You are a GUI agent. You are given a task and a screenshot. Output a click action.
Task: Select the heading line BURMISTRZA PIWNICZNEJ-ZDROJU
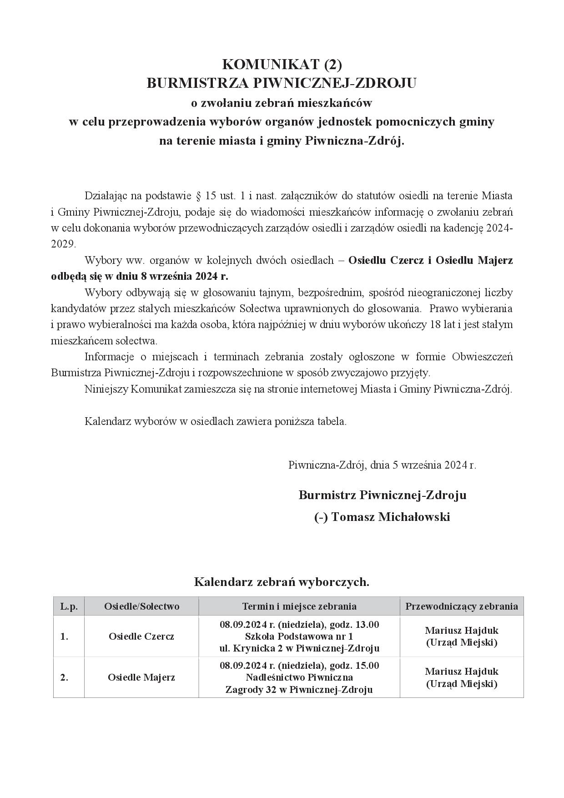pos(282,84)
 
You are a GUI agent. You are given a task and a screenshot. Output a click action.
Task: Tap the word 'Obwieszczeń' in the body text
pos(482,357)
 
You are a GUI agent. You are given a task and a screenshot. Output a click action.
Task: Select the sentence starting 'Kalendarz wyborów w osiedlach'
pos(216,421)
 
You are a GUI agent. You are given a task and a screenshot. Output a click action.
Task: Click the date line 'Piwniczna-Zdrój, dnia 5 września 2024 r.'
pos(382,465)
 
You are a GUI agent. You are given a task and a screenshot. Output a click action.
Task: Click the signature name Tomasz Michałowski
pos(390,517)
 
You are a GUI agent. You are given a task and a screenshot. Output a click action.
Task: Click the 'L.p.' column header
pos(69,606)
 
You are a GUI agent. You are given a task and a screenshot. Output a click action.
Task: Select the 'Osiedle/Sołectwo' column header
pos(141,606)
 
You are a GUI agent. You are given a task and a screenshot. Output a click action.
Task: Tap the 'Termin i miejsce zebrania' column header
pos(299,606)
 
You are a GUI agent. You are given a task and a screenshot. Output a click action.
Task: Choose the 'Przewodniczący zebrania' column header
pos(462,606)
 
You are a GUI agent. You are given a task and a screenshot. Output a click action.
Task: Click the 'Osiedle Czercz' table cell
pos(141,636)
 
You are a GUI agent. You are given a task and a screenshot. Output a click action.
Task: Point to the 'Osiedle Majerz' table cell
pos(141,677)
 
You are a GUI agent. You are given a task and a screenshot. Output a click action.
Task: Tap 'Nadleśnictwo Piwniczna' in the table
pos(299,677)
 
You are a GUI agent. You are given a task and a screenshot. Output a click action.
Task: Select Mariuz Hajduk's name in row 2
pos(462,672)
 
